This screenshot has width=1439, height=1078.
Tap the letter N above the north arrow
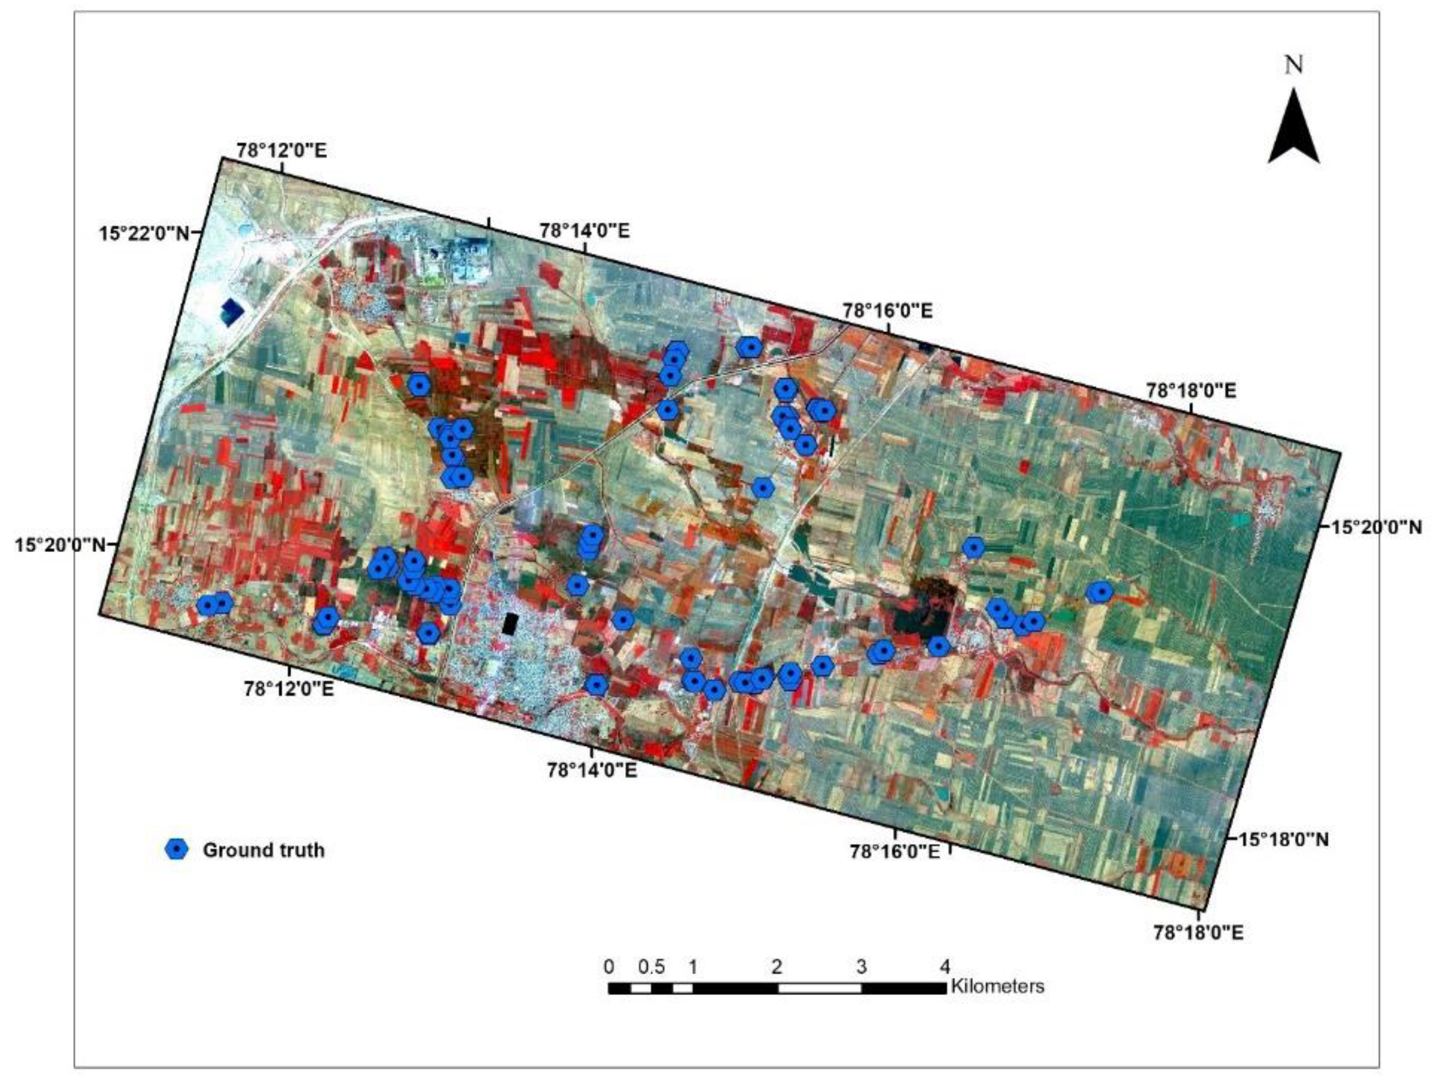point(1294,64)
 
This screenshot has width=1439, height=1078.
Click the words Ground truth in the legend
point(263,849)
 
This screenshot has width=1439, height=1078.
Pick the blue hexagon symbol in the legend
point(176,849)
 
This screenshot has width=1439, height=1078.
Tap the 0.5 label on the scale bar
point(651,966)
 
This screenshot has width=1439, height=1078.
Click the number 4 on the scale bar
point(945,966)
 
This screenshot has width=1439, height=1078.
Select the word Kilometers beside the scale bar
point(997,986)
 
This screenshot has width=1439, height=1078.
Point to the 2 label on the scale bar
point(777,966)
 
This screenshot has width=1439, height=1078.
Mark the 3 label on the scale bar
point(861,966)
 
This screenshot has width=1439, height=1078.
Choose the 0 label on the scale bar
point(609,966)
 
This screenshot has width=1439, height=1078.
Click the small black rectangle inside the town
point(511,623)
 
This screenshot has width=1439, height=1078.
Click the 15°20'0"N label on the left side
point(60,544)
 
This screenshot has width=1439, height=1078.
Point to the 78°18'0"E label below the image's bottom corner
point(1198,933)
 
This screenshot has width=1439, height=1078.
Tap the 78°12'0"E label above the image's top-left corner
point(281,150)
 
